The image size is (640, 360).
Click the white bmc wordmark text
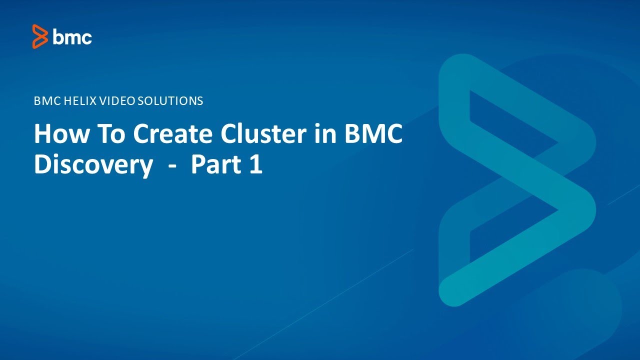72,37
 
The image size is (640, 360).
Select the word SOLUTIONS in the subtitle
170,101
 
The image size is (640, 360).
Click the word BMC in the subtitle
45,101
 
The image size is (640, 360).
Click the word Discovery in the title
93,165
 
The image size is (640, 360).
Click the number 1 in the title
255,165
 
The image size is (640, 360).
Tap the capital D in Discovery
41,165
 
